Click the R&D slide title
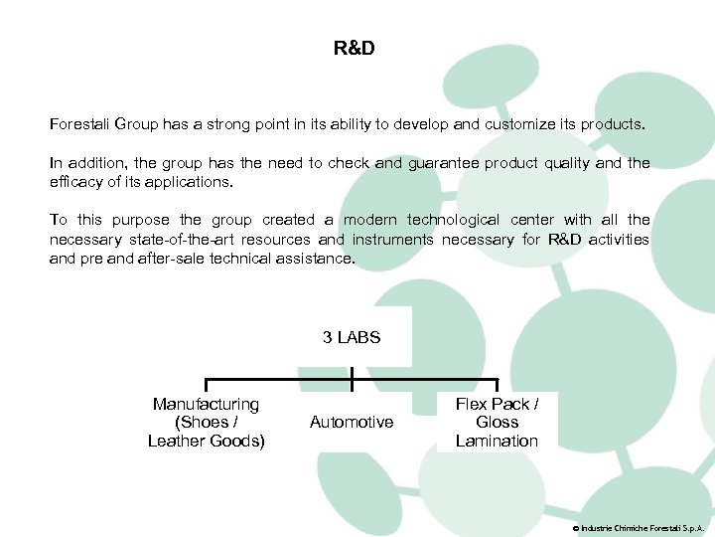pyautogui.click(x=355, y=48)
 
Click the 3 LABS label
pyautogui.click(x=352, y=338)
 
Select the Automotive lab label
pyautogui.click(x=352, y=423)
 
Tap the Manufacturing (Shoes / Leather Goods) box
pyautogui.click(x=207, y=423)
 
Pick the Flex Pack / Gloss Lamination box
pyautogui.click(x=497, y=423)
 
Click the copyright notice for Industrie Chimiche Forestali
pyautogui.click(x=639, y=526)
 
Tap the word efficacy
pyautogui.click(x=73, y=182)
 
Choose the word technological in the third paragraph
pyautogui.click(x=452, y=220)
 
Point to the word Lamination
pyautogui.click(x=497, y=442)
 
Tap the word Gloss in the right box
pyautogui.click(x=497, y=423)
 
